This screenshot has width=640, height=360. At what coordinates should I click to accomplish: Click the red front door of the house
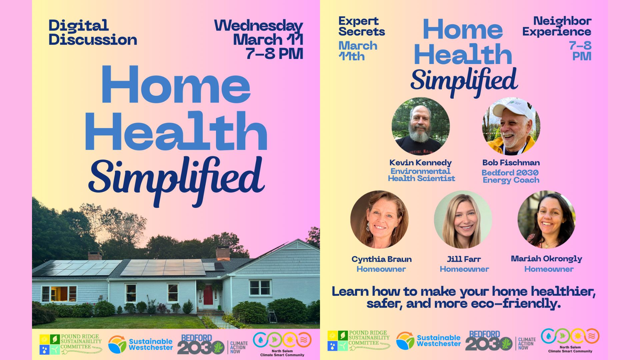208,295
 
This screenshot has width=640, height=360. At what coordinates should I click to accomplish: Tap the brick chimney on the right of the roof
223,253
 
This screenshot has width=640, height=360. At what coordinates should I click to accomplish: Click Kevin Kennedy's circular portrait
421,126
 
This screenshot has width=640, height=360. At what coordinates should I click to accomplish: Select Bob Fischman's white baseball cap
510,110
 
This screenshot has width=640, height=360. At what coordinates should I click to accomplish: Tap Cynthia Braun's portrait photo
379,219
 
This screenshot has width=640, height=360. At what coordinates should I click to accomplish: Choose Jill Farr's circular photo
463,219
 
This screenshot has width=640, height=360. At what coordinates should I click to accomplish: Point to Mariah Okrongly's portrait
547,219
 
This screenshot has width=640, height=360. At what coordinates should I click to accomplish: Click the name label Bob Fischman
511,163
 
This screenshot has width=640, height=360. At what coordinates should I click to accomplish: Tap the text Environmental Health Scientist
421,175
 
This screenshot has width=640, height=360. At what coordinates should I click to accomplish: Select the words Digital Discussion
93,32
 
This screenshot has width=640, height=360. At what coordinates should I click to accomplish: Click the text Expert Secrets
362,26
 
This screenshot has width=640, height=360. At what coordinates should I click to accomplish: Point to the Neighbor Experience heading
557,26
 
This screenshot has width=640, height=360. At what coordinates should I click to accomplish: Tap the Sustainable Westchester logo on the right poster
429,341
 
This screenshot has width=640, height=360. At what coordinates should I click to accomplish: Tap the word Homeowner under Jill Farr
464,269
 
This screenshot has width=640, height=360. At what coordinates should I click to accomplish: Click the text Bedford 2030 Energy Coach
511,176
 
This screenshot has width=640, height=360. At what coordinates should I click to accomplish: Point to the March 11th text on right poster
358,51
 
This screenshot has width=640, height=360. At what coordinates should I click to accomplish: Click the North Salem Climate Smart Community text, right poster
570,349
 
